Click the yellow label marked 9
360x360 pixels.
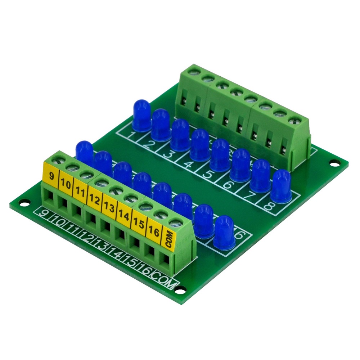point(51,176)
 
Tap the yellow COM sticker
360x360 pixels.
point(170,239)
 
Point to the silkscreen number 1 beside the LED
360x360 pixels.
point(132,136)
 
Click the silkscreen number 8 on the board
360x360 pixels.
point(269,207)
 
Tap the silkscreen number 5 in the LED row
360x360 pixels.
point(208,175)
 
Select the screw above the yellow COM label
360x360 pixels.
point(174,222)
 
